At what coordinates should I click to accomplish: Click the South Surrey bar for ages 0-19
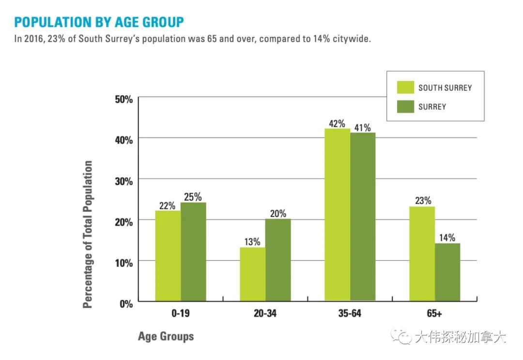click(168, 256)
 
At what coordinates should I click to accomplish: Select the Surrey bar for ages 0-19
click(194, 252)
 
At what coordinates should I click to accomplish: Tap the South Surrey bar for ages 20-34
click(252, 274)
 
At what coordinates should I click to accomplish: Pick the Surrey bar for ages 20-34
click(278, 260)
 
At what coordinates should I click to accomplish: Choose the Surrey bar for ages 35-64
click(363, 217)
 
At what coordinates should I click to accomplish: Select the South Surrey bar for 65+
click(422, 254)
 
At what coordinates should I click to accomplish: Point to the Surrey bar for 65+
click(447, 272)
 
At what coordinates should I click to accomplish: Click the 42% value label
click(337, 123)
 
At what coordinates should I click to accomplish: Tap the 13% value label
click(252, 242)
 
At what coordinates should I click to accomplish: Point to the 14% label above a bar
click(447, 238)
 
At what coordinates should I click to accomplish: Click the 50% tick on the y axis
click(123, 99)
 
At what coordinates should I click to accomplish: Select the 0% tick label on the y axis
click(126, 304)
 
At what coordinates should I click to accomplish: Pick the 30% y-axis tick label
click(123, 181)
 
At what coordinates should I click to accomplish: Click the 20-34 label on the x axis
click(265, 314)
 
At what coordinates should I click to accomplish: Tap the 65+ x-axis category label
click(434, 314)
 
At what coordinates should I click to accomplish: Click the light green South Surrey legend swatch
click(405, 88)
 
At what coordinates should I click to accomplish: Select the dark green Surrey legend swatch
click(405, 107)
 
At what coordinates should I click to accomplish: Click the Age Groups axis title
click(166, 336)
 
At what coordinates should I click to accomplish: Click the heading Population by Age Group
click(99, 22)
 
